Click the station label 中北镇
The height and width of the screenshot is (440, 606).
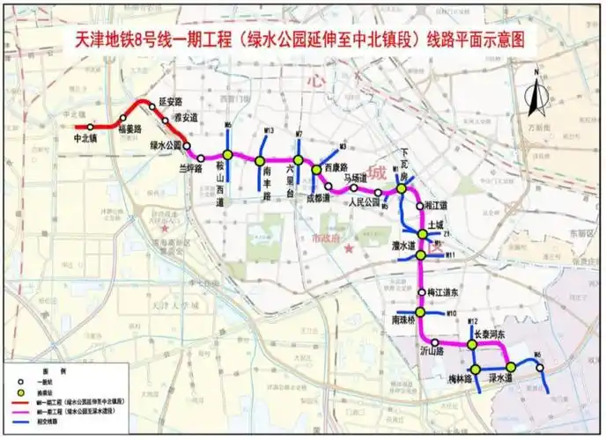click(x=86, y=138)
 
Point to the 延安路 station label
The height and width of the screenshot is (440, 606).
click(x=169, y=101)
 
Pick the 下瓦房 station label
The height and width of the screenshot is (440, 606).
click(x=404, y=164)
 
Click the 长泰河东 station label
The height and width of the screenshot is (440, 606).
click(x=489, y=334)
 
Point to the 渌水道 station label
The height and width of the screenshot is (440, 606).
click(x=501, y=378)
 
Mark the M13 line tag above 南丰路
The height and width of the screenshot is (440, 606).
click(x=270, y=132)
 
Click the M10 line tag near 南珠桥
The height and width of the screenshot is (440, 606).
click(x=450, y=313)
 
